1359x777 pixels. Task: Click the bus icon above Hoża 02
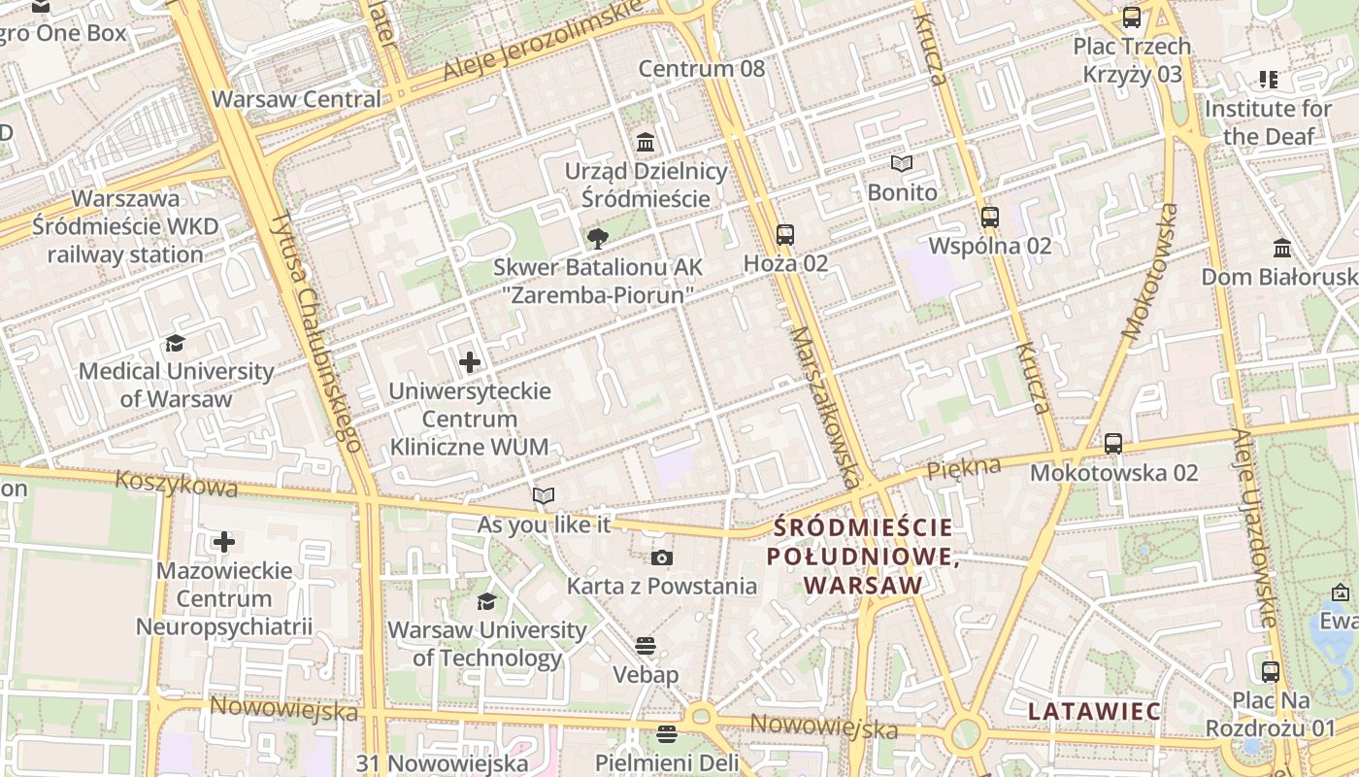tap(785, 235)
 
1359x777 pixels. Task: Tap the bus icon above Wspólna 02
tap(990, 218)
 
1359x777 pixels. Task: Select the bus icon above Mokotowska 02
tap(1113, 444)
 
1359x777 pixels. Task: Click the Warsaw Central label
tap(296, 99)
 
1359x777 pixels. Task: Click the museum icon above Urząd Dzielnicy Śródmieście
tap(646, 143)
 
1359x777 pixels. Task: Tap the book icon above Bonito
tap(902, 163)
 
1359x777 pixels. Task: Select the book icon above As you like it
tap(544, 495)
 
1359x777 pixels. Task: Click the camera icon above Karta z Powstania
tap(662, 557)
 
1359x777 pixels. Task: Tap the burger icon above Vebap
tap(646, 646)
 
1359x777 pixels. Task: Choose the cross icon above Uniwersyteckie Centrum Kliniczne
tap(470, 362)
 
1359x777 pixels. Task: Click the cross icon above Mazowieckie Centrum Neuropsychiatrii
tap(224, 541)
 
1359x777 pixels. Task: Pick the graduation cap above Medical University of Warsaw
tap(176, 343)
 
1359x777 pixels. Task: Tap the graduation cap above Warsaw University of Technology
tap(486, 601)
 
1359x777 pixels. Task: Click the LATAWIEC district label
tap(1094, 712)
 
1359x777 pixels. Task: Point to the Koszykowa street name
tap(176, 483)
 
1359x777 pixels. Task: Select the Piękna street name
tap(963, 468)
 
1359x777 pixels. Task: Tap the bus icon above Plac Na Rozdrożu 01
tap(1271, 671)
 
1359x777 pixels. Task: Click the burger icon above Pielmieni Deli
tap(666, 733)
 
